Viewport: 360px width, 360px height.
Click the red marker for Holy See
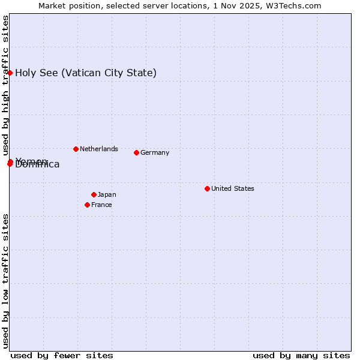pos(10,73)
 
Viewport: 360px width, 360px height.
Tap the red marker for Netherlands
pos(76,149)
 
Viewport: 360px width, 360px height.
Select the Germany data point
pos(136,152)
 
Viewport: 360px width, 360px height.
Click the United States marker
pos(207,188)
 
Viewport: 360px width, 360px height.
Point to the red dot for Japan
pos(94,194)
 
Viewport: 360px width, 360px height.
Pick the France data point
pos(88,205)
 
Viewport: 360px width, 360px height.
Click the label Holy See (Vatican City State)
pos(86,73)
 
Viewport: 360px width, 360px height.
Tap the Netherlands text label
pos(99,149)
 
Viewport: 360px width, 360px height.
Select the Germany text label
pos(155,152)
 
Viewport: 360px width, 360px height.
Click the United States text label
pos(233,188)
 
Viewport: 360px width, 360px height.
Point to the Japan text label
pos(107,194)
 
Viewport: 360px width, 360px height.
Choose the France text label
pos(101,205)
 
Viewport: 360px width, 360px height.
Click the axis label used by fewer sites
pos(62,355)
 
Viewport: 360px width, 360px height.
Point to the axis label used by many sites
pos(301,355)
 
